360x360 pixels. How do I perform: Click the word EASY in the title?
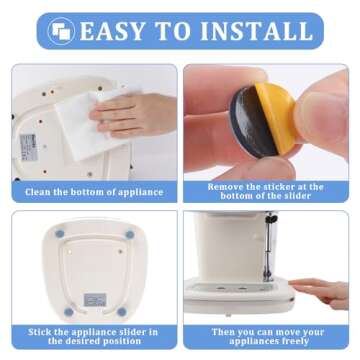click(x=112, y=31)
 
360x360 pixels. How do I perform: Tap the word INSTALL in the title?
click(x=256, y=31)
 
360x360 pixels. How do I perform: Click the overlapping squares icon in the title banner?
click(x=61, y=31)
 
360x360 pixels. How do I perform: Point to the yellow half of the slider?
click(x=276, y=117)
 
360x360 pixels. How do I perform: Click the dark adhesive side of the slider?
click(x=252, y=121)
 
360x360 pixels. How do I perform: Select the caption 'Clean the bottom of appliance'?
click(x=94, y=192)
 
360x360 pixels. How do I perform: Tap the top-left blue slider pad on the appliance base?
click(x=60, y=234)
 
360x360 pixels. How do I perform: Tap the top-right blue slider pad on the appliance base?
click(x=130, y=235)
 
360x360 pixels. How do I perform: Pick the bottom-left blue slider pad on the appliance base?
click(x=69, y=312)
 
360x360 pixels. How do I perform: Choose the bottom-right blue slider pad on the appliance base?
click(x=122, y=312)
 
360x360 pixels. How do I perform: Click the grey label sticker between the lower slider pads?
click(x=95, y=299)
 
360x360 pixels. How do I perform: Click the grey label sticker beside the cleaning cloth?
click(x=28, y=147)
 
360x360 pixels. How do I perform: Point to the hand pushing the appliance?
click(x=320, y=293)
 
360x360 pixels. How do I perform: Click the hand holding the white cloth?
click(x=133, y=114)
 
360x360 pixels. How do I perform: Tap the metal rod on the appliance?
click(x=268, y=248)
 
